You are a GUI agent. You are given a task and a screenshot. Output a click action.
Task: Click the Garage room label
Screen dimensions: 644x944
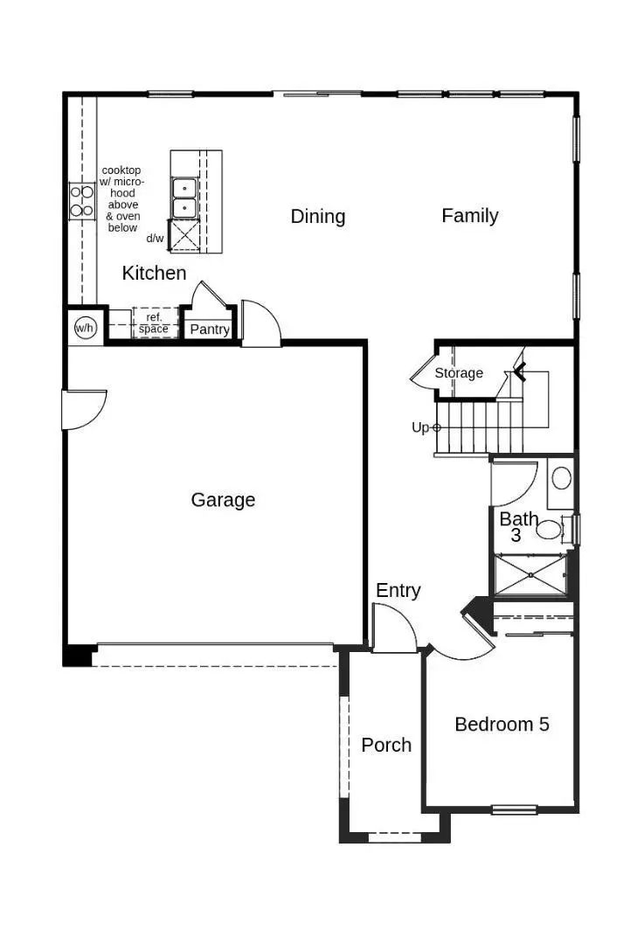pos(223,500)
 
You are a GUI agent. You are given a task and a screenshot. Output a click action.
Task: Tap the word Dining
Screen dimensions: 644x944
pos(318,217)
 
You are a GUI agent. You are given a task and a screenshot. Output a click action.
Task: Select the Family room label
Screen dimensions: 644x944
pos(470,216)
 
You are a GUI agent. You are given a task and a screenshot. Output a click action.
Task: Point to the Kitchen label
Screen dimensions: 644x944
pos(154,273)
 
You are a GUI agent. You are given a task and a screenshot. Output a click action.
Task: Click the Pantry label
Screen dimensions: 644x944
pos(210,330)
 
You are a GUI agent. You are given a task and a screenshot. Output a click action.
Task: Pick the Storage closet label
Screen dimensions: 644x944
pos(459,373)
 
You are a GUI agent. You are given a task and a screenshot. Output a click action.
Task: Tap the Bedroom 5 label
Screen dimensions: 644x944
pos(502,724)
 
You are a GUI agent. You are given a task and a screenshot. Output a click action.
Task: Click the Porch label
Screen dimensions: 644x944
pos(386,745)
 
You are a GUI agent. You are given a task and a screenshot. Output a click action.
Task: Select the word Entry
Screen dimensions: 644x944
pos(398,591)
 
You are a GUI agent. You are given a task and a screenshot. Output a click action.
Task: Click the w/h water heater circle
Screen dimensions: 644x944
pos(84,328)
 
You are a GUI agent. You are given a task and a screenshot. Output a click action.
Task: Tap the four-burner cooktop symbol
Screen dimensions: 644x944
pos(82,200)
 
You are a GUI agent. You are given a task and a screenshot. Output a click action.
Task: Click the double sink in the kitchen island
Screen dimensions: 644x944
pos(184,198)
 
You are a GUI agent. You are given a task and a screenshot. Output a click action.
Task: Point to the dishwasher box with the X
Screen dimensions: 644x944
pos(184,235)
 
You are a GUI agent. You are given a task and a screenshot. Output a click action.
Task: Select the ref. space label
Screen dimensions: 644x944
pos(154,323)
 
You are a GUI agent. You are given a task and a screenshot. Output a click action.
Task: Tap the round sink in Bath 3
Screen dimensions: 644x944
pos(562,478)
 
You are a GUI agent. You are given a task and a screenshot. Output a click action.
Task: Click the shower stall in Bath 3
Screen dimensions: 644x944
pos(530,575)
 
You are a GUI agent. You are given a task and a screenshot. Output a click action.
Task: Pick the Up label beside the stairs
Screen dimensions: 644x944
pos(420,427)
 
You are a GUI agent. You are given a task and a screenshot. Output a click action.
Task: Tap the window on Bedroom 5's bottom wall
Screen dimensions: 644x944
pos(514,809)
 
